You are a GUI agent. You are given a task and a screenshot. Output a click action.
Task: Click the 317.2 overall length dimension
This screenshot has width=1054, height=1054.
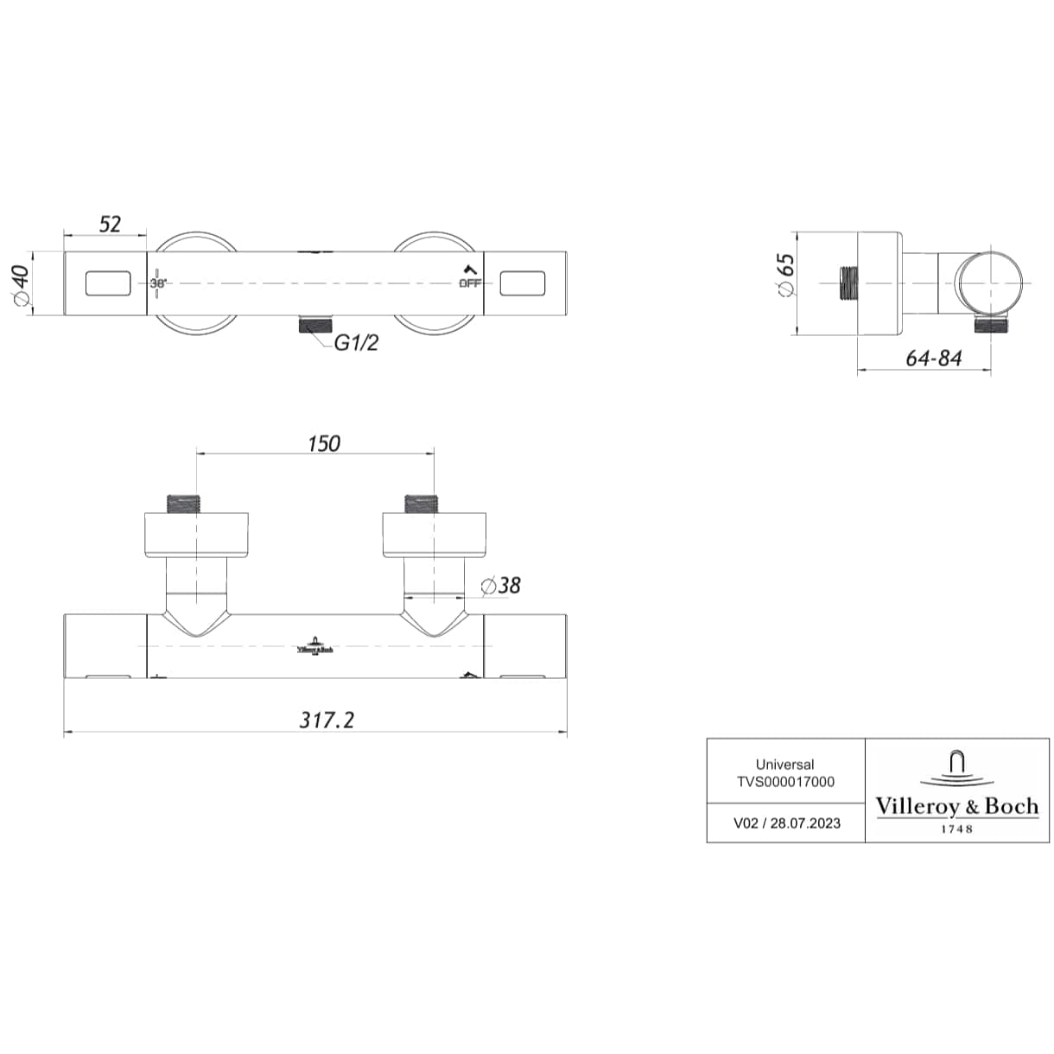(327, 720)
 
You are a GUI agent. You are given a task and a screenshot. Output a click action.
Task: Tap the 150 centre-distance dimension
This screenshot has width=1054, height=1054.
(324, 443)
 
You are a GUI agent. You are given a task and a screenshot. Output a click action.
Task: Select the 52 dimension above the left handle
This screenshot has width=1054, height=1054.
(110, 224)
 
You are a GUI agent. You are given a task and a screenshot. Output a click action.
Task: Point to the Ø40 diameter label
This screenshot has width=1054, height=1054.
(21, 285)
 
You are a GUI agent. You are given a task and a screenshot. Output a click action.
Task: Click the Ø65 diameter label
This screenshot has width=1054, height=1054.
(785, 275)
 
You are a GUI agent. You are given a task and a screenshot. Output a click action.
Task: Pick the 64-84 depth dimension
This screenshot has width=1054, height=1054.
(934, 359)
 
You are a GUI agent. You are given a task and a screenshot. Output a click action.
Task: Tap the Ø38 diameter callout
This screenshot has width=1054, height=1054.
(500, 585)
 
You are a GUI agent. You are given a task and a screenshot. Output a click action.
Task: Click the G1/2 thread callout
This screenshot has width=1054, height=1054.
(356, 343)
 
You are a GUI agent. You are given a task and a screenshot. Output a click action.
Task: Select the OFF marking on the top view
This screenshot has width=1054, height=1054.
(470, 283)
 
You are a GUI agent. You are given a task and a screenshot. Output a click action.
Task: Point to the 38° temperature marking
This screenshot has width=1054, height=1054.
(158, 283)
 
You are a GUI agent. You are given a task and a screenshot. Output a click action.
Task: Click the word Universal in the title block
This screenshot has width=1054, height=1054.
(785, 764)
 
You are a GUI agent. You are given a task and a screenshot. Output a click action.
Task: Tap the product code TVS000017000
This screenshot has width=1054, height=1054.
(785, 782)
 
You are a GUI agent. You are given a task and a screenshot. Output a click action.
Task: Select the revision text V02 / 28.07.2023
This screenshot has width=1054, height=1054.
(786, 823)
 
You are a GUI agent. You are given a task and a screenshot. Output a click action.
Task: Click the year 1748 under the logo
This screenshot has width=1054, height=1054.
(956, 829)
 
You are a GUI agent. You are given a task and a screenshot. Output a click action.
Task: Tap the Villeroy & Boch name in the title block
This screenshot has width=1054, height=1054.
(957, 807)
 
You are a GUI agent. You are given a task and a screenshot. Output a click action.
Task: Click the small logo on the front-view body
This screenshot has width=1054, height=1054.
(314, 645)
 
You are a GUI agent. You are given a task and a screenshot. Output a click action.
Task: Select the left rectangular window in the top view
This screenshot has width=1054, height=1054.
(108, 283)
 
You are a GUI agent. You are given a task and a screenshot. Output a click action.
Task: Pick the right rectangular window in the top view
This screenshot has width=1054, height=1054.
(523, 283)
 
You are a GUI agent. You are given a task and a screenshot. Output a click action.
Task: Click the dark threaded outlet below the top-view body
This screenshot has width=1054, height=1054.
(315, 324)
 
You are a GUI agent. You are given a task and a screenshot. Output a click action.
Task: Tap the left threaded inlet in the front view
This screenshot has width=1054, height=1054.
(182, 504)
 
